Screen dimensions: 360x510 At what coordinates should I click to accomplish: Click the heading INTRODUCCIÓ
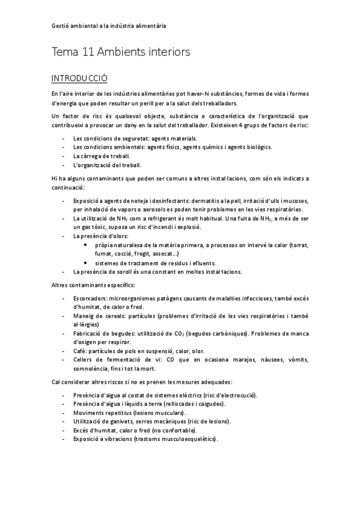79,78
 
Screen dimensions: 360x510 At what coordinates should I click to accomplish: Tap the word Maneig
84,316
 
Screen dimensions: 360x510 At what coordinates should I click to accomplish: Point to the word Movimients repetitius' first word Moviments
89,413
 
